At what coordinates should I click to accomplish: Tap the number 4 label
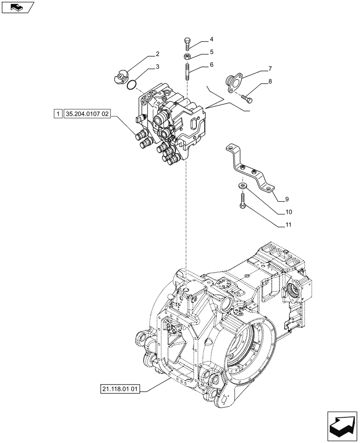211,39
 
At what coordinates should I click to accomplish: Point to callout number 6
211,64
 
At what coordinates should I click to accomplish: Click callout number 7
270,69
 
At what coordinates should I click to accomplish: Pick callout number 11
288,225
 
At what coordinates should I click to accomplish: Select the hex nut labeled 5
187,56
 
